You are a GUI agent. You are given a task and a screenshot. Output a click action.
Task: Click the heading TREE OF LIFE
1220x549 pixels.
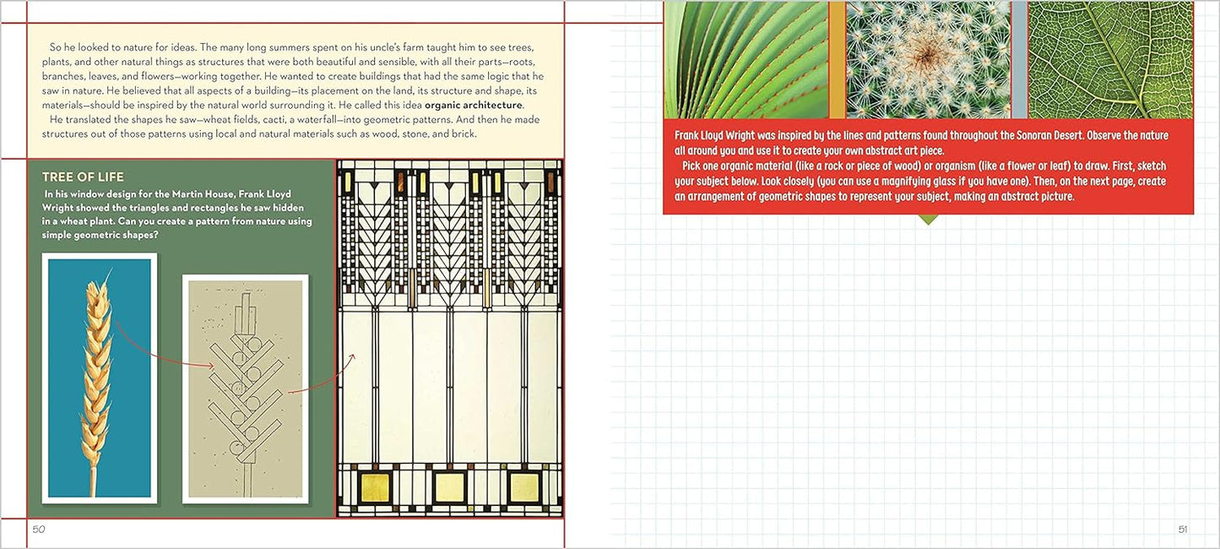[x=83, y=177]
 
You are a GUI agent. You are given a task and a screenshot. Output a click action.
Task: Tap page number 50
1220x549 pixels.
[x=39, y=530]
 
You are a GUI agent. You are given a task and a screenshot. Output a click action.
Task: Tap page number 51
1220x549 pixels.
[x=1182, y=530]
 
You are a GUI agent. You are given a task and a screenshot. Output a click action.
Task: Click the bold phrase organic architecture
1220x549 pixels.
[x=473, y=105]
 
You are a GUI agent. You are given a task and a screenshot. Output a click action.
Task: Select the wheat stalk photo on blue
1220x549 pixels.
[x=100, y=378]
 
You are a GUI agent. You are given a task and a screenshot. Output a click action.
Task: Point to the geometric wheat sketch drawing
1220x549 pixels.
[x=245, y=389]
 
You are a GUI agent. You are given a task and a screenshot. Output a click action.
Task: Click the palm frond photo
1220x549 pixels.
[x=746, y=59]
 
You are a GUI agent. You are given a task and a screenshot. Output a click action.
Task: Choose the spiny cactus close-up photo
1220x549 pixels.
[x=929, y=59]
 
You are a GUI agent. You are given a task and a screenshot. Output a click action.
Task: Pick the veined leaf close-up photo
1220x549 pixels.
[x=1110, y=59]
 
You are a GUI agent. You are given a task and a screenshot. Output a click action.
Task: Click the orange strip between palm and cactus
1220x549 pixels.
[x=838, y=59]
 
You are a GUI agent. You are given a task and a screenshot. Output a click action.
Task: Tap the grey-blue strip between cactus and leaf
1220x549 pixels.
[x=1020, y=59]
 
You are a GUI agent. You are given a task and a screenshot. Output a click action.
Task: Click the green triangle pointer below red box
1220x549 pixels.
[x=928, y=219]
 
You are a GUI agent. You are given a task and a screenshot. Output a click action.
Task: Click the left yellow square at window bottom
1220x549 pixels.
[x=376, y=486]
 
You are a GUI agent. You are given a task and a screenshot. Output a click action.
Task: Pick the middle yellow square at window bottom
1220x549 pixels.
[x=450, y=486]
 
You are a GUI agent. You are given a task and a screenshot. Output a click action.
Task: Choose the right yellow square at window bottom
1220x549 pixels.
[x=524, y=486]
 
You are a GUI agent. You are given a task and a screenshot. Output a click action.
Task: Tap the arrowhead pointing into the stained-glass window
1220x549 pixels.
[x=352, y=356]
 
